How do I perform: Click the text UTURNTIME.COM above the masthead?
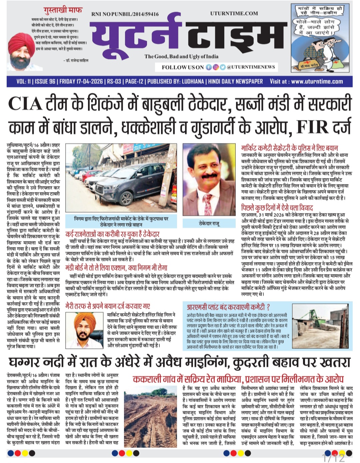234,13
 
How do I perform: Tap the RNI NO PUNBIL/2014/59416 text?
125,14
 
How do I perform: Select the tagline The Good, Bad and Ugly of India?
181,56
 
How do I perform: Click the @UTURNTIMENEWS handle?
251,67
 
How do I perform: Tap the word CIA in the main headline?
25,104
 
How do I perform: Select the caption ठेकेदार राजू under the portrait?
209,223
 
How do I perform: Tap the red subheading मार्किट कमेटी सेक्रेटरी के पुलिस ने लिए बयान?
289,148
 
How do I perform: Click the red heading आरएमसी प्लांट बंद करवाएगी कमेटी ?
228,307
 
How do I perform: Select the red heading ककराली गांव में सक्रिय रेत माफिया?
187,379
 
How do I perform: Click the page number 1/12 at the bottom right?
334,458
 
